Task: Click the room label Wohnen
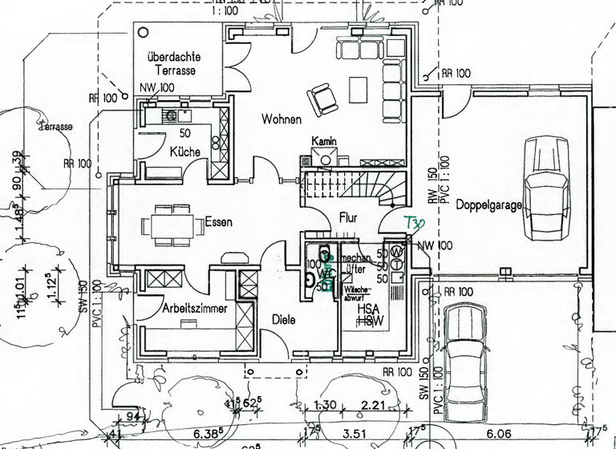(281, 119)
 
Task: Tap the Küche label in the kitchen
(184, 152)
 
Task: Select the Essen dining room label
(218, 222)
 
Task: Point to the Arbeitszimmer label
(194, 308)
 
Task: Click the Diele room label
(283, 319)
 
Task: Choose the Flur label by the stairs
(348, 217)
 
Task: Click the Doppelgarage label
(489, 205)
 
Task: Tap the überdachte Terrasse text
(173, 65)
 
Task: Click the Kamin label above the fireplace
(324, 141)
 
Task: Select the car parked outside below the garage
(467, 357)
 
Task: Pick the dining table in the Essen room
(171, 222)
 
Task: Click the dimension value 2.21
(374, 407)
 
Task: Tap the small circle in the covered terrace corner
(145, 34)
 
